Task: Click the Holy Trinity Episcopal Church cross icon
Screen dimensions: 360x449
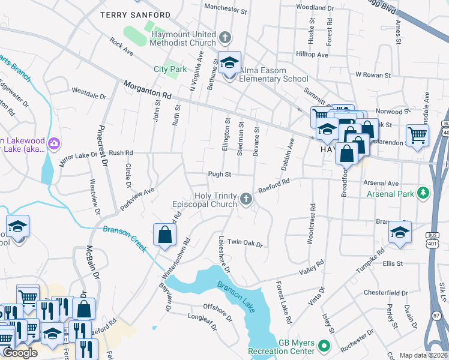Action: [246, 199]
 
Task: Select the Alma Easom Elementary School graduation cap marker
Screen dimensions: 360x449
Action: [229, 62]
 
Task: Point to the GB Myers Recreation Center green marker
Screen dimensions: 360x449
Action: [324, 346]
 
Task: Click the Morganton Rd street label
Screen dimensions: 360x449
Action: [147, 91]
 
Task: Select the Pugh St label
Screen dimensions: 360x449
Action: [219, 174]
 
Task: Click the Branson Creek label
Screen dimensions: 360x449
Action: [125, 238]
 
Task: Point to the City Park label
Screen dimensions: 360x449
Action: [170, 70]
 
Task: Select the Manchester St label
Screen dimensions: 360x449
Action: [226, 8]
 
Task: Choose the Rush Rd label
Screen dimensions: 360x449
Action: [120, 153]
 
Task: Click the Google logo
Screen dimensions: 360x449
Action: [20, 353]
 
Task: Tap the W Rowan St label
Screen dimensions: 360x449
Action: [373, 75]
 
